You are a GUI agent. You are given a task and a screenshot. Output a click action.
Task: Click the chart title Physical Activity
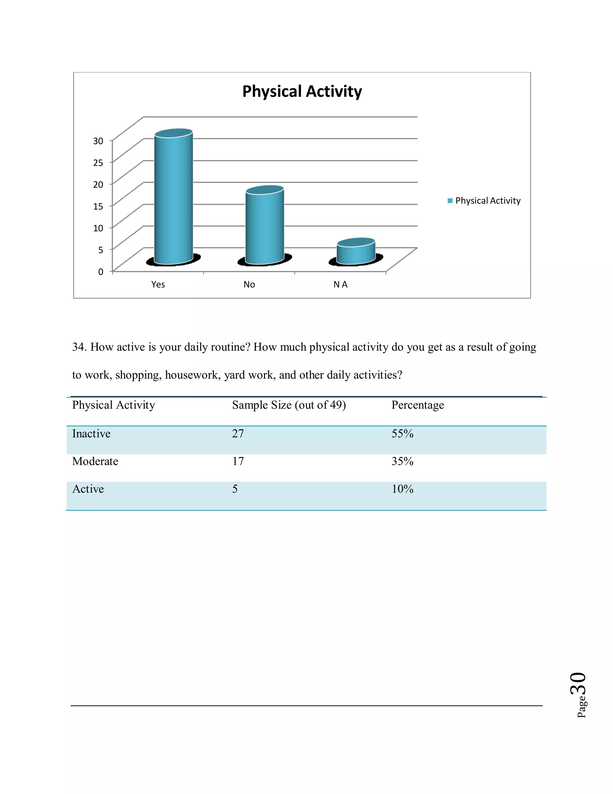coord(302,91)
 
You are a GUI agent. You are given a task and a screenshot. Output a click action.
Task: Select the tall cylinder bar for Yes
coord(173,198)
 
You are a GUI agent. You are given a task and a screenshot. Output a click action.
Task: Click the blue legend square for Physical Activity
coord(450,201)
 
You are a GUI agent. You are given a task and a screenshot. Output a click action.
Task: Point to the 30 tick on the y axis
coord(98,141)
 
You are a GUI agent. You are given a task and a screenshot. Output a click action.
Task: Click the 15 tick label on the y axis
coord(98,206)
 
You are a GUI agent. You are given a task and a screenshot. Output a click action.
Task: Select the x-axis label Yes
coord(158,284)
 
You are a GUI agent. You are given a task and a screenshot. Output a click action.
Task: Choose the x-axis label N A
coord(340,284)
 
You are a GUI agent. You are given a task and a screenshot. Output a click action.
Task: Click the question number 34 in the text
coord(79,347)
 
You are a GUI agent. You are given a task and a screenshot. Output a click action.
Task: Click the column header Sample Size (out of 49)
coord(289,405)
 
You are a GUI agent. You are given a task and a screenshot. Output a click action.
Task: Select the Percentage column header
coord(418,405)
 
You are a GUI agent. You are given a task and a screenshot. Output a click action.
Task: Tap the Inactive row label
coord(91,434)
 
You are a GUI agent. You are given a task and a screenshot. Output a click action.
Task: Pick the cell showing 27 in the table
coord(238,434)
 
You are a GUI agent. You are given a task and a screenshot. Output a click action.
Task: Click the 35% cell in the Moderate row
coord(402,461)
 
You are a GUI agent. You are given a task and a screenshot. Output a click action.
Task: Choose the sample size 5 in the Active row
coord(235,489)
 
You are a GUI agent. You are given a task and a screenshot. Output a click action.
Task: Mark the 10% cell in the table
coord(402,489)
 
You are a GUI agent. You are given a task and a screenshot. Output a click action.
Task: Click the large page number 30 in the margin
coord(578,684)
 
